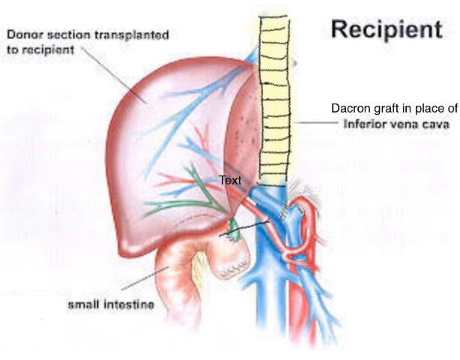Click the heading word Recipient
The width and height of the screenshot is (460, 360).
386,29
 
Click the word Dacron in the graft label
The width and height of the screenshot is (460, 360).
349,108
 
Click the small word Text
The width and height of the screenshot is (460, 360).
229,180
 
